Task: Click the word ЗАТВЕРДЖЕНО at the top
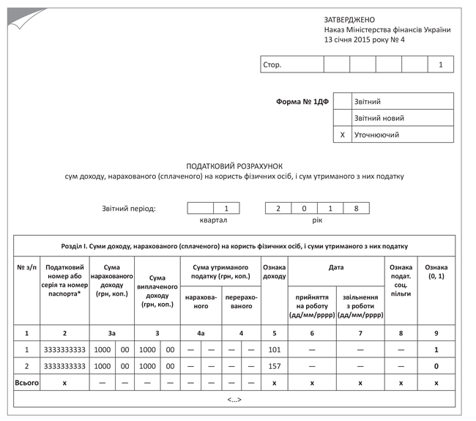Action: pos(349,19)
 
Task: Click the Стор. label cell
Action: pos(292,64)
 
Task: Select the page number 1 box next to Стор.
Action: pos(441,64)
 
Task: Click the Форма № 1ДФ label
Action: pos(302,102)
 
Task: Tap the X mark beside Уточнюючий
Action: pos(343,135)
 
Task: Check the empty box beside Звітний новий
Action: pos(343,118)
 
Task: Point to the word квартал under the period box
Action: pos(213,220)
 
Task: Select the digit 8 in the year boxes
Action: pos(356,208)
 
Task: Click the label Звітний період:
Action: pos(128,209)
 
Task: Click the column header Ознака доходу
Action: pos(275,272)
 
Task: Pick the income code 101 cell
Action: pos(275,349)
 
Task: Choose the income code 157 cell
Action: pos(275,365)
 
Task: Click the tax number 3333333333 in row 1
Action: pos(64,349)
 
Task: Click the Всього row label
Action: pos(26,382)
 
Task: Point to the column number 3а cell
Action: pos(111,333)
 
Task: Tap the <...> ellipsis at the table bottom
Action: pos(234,400)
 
